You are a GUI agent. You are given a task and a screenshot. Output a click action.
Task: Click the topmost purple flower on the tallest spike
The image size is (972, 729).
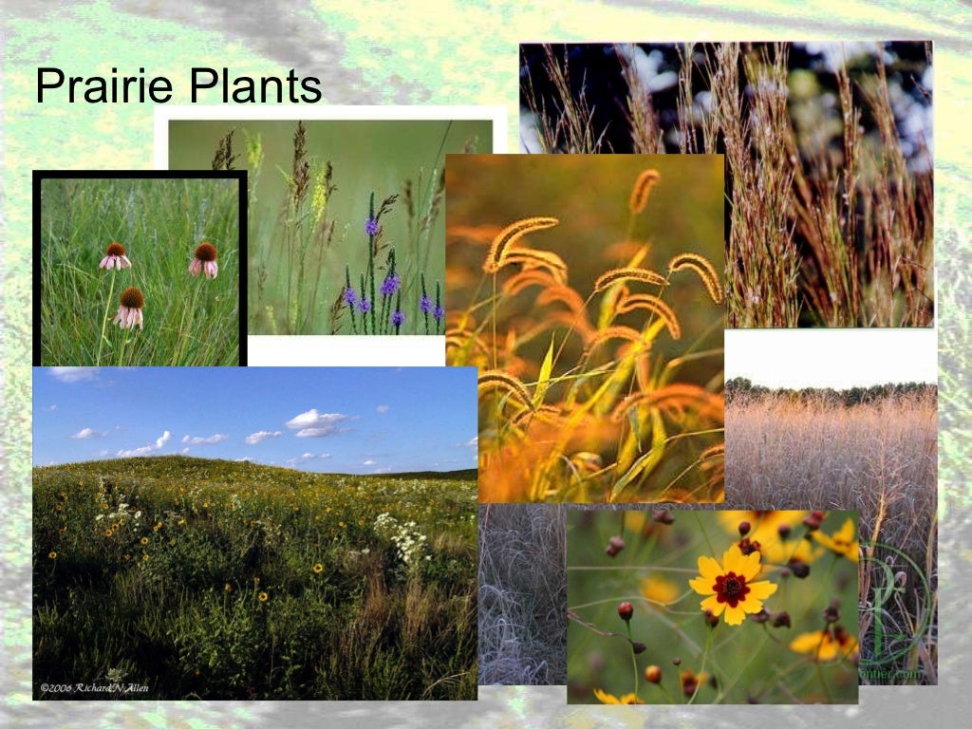(x=372, y=226)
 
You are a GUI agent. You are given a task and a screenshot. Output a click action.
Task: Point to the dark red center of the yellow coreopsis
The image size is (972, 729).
(x=732, y=589)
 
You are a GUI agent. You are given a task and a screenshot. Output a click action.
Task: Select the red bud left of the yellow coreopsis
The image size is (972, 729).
(x=625, y=610)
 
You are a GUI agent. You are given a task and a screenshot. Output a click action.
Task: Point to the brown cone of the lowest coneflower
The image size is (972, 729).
(x=132, y=298)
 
